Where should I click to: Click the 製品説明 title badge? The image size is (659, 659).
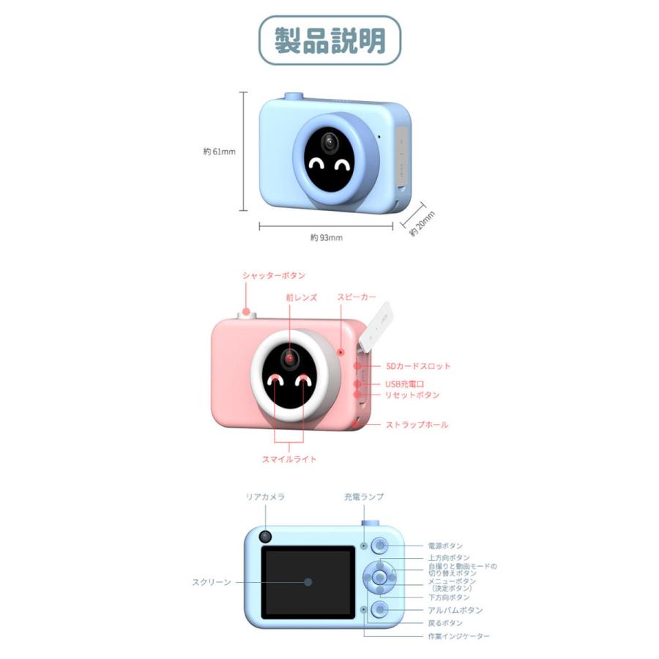330,40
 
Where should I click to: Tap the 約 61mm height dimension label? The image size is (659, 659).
220,152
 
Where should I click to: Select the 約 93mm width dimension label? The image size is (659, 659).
327,237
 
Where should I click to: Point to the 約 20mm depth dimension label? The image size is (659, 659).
422,223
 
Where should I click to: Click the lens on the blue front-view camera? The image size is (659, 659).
329,143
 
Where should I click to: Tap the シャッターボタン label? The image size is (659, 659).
274,276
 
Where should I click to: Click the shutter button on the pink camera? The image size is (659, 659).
247,314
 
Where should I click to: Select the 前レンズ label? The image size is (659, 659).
302,297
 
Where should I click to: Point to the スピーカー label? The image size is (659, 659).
357,297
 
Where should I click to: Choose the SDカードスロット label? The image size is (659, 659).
418,366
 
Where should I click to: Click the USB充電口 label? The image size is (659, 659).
405,384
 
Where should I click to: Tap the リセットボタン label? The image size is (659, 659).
412,395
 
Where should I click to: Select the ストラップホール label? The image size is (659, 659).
417,425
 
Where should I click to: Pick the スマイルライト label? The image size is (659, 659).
289,459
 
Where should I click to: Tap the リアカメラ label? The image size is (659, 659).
265,496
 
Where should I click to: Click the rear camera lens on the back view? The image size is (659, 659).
265,537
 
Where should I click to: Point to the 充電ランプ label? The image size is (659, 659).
364,496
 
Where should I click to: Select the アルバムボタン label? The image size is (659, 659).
455,610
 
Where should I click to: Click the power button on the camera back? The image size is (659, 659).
380,546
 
